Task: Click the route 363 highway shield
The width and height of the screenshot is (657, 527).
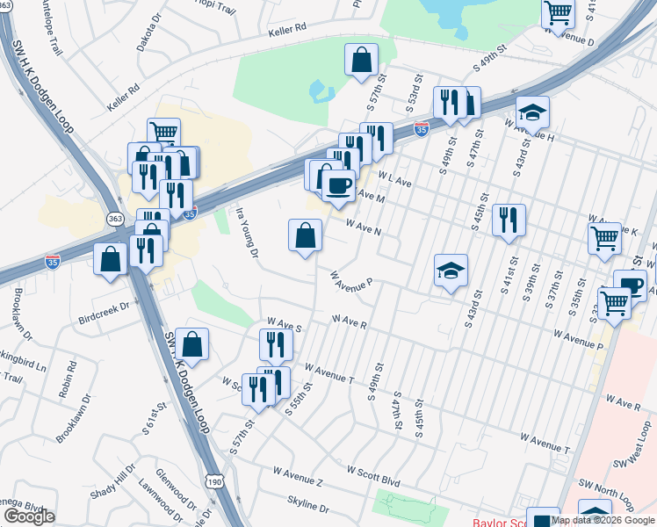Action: tap(115, 218)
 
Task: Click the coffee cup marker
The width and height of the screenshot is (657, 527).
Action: tap(338, 186)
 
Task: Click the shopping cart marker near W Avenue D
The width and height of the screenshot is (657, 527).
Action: tap(558, 14)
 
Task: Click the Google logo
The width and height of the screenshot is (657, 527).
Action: tap(29, 516)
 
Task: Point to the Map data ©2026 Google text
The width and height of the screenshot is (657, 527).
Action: tap(603, 520)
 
